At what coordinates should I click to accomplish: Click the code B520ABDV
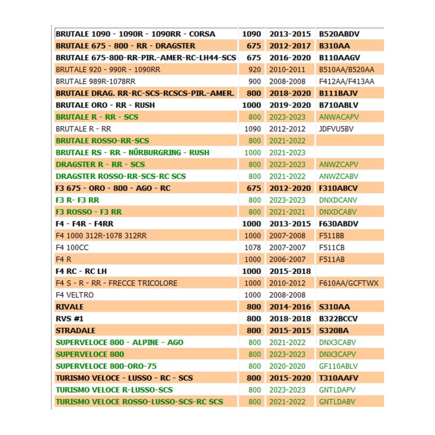[339, 34]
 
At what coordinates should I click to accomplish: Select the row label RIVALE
[70, 307]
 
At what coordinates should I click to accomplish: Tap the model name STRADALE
[76, 331]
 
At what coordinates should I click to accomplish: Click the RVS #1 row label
[70, 319]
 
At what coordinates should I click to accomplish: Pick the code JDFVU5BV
[336, 129]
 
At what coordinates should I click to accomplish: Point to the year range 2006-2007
[287, 259]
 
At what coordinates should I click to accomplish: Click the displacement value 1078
[253, 248]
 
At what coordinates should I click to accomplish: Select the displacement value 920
[255, 70]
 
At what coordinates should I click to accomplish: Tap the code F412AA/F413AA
[346, 81]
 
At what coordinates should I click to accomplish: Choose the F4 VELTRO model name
[75, 295]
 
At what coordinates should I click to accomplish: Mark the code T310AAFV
[339, 378]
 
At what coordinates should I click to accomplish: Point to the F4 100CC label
[72, 248]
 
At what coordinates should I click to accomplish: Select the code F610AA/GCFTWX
[348, 283]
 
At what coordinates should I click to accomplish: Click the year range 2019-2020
[290, 105]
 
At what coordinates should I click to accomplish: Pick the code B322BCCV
[339, 319]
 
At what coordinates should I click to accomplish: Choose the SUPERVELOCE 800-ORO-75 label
[106, 366]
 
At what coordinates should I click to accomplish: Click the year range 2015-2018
[290, 271]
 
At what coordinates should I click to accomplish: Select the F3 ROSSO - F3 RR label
[89, 212]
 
